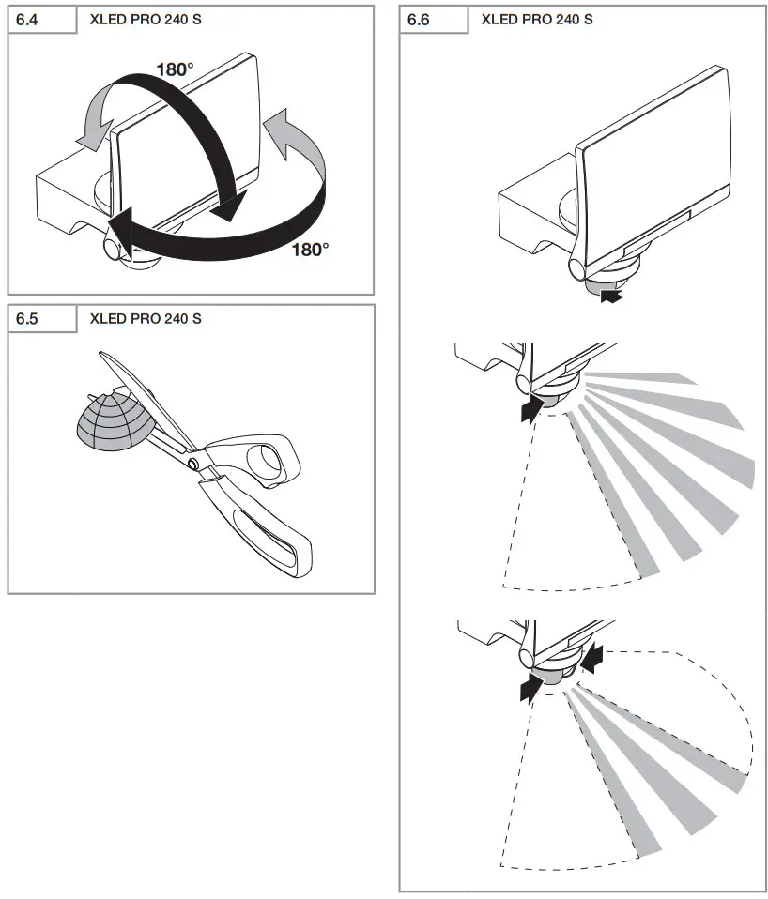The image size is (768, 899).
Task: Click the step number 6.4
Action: point(29,19)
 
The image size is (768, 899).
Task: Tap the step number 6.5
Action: point(29,319)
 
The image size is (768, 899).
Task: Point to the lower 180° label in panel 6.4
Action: point(310,250)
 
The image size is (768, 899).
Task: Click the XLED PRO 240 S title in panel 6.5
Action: point(146,319)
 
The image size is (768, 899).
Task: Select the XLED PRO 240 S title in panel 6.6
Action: point(536,19)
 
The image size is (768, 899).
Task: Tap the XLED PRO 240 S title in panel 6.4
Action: point(146,19)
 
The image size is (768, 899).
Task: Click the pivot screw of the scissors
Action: point(192,464)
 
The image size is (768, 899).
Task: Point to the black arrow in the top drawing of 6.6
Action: point(611,297)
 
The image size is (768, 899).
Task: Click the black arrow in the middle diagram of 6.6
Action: point(530,408)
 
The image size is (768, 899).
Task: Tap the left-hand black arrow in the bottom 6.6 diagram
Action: point(530,688)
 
